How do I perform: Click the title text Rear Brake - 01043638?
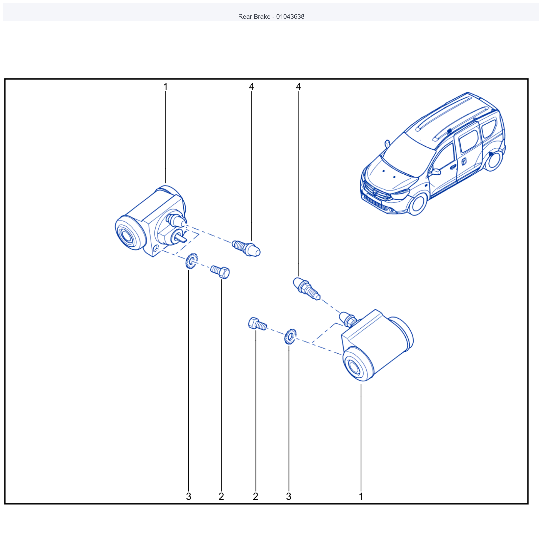271,17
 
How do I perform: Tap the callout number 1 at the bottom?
361,496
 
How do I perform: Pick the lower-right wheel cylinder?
377,345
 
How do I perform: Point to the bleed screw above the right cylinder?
307,289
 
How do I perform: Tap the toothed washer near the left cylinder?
191,261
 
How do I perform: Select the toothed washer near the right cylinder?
290,337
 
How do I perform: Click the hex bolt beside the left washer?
220,272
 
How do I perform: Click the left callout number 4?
252,87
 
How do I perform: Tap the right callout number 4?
298,87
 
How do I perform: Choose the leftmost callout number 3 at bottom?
188,496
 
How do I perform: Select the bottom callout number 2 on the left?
221,496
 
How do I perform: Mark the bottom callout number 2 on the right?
256,496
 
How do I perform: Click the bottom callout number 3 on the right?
289,496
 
